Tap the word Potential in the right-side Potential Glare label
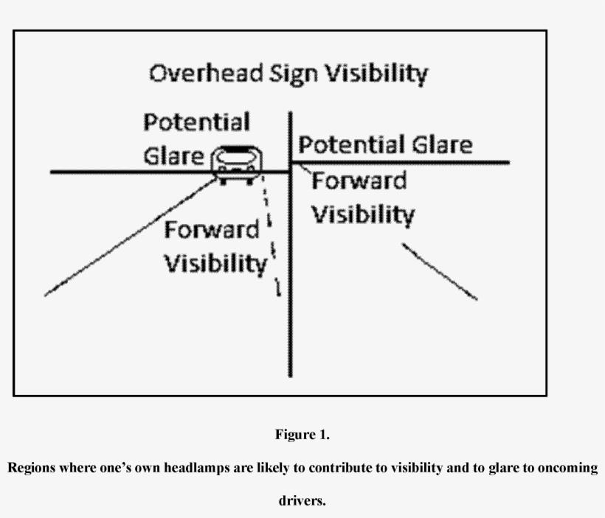(x=344, y=144)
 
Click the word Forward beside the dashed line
(x=211, y=230)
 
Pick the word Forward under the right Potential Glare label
(x=359, y=181)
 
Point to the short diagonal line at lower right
(x=440, y=271)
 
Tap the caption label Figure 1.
(x=302, y=435)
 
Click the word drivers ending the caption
(x=301, y=501)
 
